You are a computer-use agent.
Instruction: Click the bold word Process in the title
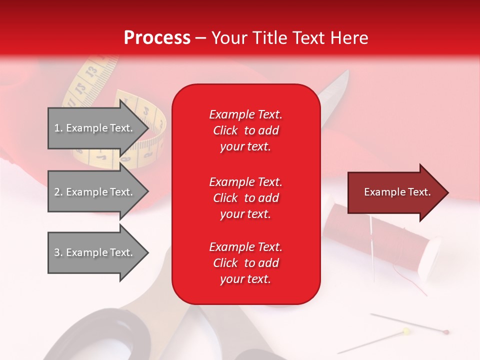click(157, 38)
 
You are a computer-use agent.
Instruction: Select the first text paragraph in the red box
click(245, 130)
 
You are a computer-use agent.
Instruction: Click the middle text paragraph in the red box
click(245, 197)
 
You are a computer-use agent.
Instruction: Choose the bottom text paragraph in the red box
click(245, 263)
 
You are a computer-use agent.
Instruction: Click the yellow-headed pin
click(406, 331)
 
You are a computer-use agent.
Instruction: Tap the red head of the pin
click(446, 331)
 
